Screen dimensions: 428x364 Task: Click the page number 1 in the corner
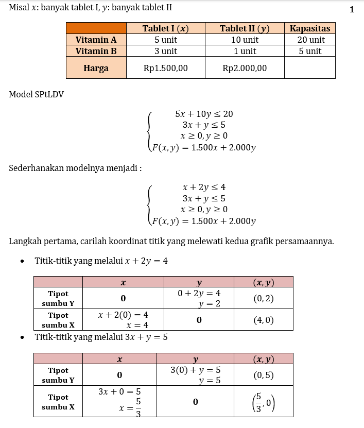click(352, 9)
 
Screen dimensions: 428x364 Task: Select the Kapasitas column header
click(309, 28)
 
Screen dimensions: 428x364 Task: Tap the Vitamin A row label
click(96, 40)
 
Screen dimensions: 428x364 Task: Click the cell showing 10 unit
click(245, 40)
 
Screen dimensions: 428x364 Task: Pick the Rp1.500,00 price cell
click(165, 68)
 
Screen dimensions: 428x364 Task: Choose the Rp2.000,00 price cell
click(245, 68)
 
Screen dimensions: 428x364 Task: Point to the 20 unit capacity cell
click(309, 40)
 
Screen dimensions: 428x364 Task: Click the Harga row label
click(96, 68)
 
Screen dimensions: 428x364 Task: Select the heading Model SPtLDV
click(36, 94)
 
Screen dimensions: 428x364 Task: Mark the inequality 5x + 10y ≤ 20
click(204, 114)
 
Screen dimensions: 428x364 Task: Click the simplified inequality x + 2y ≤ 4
click(204, 187)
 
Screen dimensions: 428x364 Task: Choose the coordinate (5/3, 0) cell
click(263, 402)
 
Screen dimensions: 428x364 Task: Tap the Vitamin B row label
click(96, 51)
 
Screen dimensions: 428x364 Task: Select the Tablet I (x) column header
click(165, 28)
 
